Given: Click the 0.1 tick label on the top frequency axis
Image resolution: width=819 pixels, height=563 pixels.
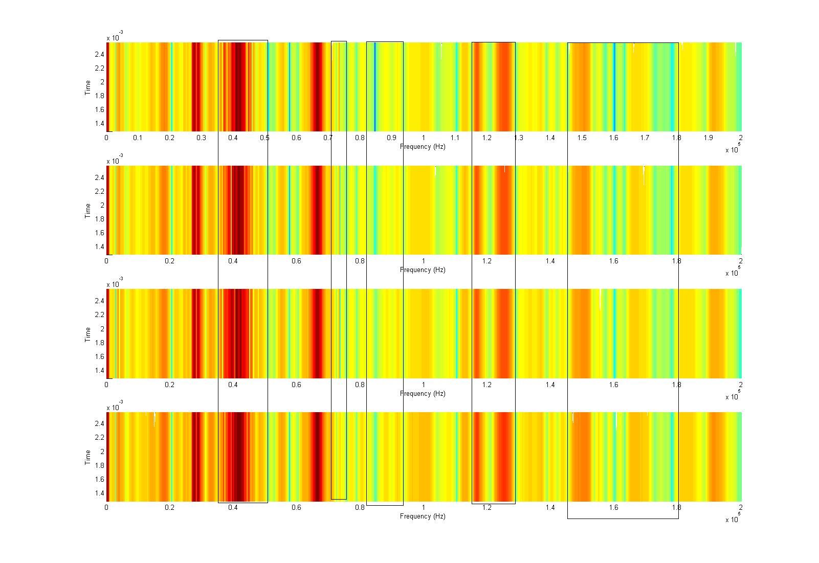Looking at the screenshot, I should tap(138, 138).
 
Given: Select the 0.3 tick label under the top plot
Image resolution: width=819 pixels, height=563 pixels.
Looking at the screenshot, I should tap(201, 138).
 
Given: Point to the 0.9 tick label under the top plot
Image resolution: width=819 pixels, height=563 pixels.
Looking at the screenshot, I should tap(391, 138).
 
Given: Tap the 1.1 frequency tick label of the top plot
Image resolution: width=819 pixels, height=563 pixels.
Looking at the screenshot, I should tap(455, 138).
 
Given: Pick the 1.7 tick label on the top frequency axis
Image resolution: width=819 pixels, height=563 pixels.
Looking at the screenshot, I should tap(645, 138).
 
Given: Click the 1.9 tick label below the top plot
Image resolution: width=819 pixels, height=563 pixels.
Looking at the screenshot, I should tap(708, 138).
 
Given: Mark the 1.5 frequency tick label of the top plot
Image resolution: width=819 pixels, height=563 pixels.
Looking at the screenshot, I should tap(582, 138).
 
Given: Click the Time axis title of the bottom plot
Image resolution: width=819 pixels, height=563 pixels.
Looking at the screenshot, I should tap(88, 457).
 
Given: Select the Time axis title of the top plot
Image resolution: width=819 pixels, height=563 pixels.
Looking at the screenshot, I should tap(88, 87).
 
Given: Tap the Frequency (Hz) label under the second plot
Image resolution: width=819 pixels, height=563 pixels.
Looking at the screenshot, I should tap(423, 270).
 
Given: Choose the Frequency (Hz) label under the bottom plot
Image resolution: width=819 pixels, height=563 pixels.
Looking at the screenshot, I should tap(423, 516).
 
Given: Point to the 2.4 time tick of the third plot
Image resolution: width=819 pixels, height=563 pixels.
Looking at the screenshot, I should tap(99, 301).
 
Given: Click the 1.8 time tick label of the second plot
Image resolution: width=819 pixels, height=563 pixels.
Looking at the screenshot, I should tap(99, 219).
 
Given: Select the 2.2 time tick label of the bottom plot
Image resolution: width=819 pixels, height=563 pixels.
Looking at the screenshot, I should tap(99, 438).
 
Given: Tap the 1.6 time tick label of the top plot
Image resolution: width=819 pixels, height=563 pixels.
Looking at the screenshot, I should tap(99, 109).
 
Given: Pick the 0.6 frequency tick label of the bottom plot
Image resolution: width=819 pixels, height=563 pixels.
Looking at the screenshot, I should tap(296, 507).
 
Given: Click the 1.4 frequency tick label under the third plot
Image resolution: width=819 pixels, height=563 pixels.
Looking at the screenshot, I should tap(550, 385).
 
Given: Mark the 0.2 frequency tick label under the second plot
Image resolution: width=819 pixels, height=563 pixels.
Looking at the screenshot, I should tap(169, 261).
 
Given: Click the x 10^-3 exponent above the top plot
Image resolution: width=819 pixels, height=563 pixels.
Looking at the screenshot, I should tap(114, 37).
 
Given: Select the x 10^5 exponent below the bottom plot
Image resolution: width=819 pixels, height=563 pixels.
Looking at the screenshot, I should tap(733, 519).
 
